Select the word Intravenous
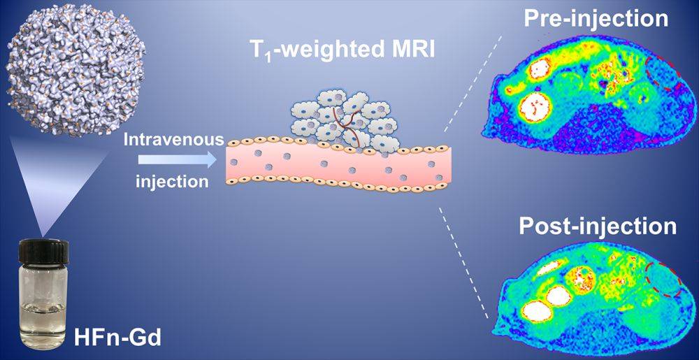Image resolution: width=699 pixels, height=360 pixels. (x=174, y=140)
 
